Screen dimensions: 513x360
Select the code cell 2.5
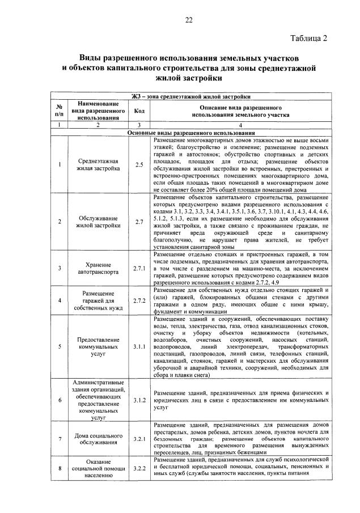(x=139, y=164)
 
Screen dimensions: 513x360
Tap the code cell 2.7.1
(x=139, y=268)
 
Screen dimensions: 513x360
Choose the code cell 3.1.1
(x=139, y=346)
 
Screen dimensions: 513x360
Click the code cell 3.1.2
(x=139, y=400)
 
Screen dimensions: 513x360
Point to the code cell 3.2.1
(x=139, y=439)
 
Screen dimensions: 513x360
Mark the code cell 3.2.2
(x=139, y=469)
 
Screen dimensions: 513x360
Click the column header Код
(x=139, y=111)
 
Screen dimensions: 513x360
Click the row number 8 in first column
(x=59, y=469)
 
